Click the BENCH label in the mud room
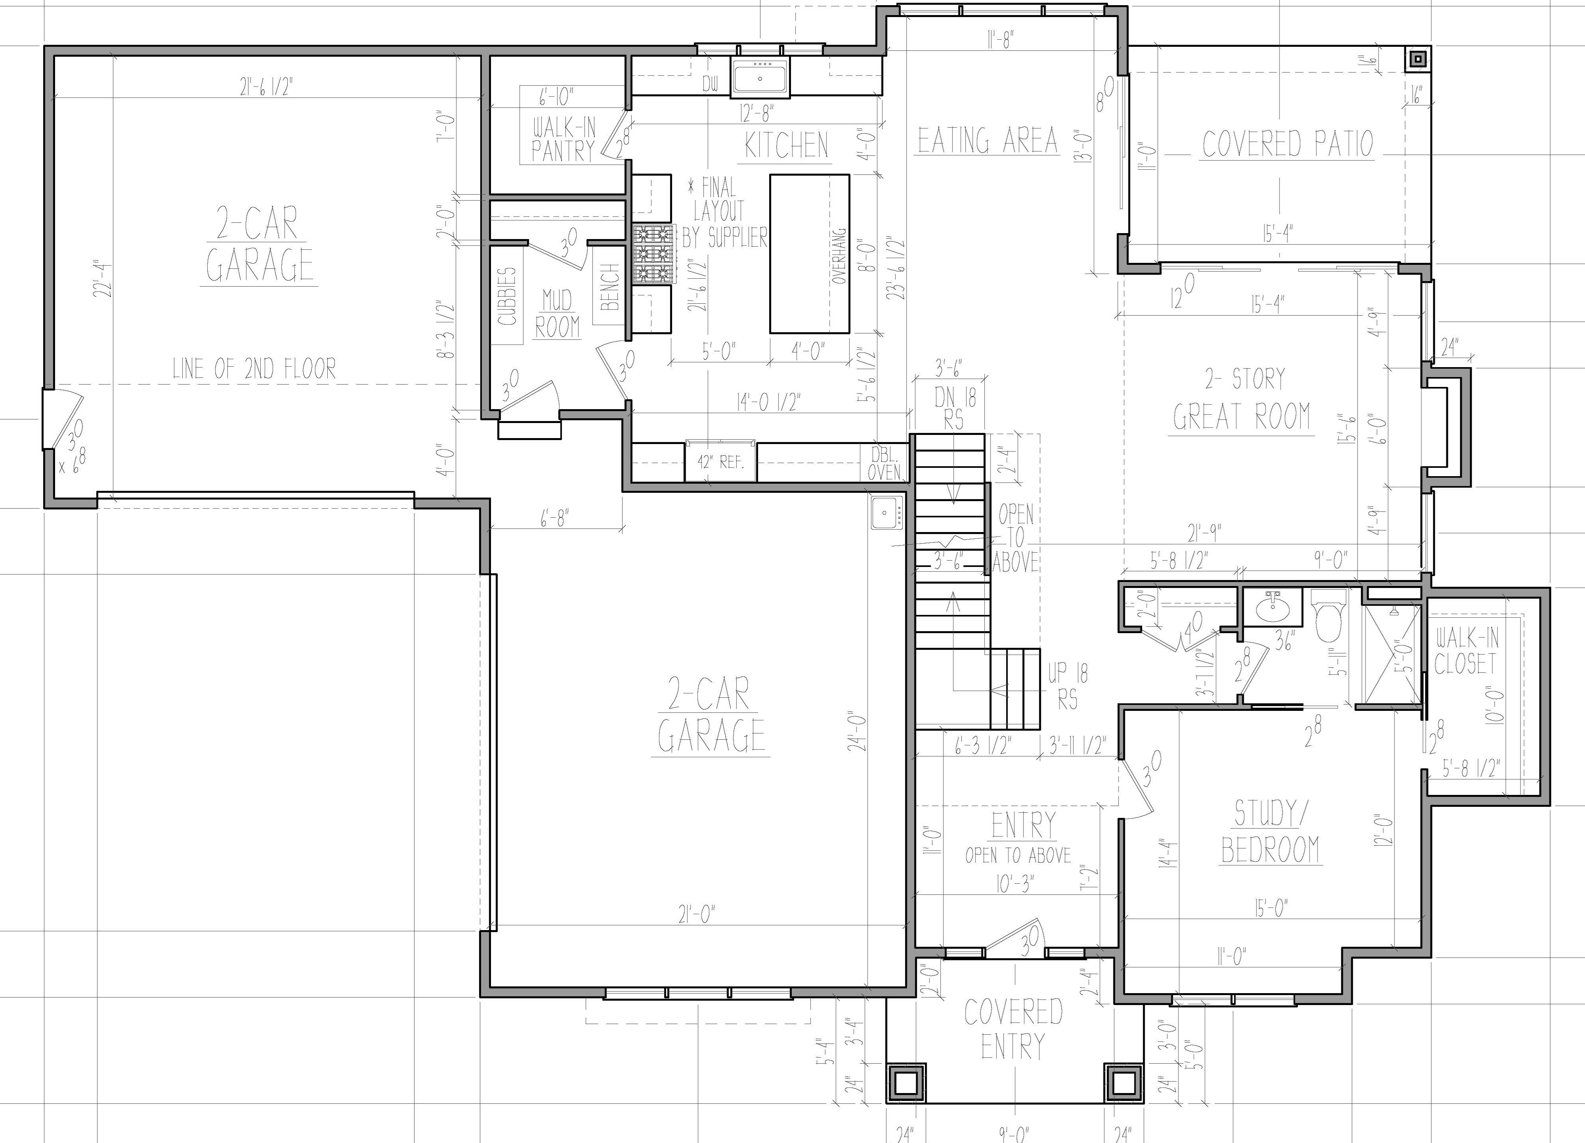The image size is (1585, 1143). tap(609, 287)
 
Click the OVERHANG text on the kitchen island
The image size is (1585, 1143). tap(839, 255)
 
